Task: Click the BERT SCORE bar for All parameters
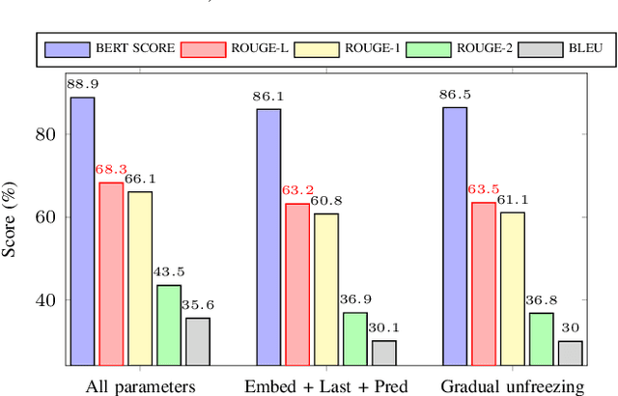pyautogui.click(x=82, y=232)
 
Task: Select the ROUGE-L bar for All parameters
pyautogui.click(x=111, y=274)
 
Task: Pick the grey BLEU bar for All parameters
pyautogui.click(x=198, y=342)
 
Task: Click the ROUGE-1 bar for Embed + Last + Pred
pyautogui.click(x=326, y=290)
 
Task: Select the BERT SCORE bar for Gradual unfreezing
pyautogui.click(x=455, y=237)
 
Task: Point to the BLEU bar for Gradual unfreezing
pyautogui.click(x=571, y=354)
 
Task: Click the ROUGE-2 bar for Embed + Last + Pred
pyautogui.click(x=355, y=339)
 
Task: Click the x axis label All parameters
pyautogui.click(x=140, y=385)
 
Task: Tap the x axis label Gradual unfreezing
pyautogui.click(x=513, y=385)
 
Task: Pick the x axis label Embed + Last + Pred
pyautogui.click(x=326, y=385)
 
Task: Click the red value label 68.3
pyautogui.click(x=111, y=171)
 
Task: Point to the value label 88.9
pyautogui.click(x=82, y=85)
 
